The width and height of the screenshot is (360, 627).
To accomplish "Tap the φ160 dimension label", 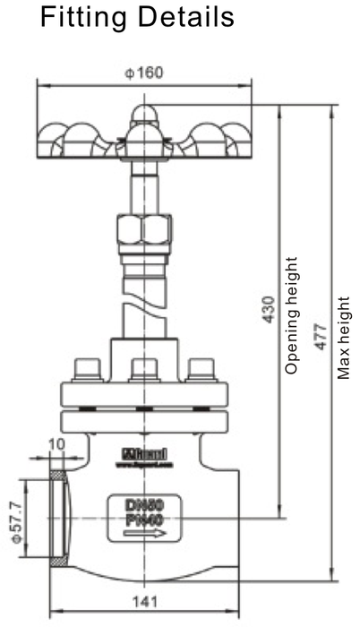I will tap(144, 73).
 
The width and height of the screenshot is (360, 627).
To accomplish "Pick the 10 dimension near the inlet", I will tap(56, 442).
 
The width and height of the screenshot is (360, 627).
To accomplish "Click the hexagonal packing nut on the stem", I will tap(143, 230).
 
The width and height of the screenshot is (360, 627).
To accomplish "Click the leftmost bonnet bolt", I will tap(87, 369).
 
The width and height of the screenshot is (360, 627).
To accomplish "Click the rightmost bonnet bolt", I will tap(202, 369).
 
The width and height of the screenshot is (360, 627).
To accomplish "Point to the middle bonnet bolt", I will tap(144, 369).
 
